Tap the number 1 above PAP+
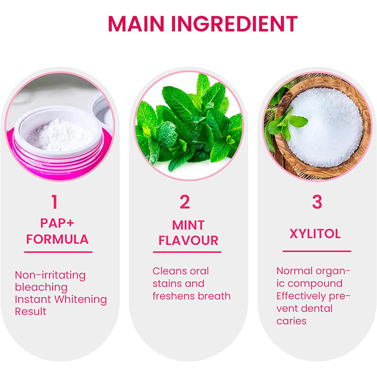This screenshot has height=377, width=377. [x=55, y=202]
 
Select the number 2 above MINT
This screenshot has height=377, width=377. [x=185, y=202]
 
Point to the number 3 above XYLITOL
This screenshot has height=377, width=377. [x=317, y=202]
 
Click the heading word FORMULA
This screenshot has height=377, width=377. [x=57, y=239]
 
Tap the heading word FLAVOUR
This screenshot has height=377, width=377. [x=189, y=240]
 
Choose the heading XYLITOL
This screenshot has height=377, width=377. [x=315, y=233]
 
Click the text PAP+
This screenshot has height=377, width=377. [x=57, y=223]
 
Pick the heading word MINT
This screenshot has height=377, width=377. [x=189, y=225]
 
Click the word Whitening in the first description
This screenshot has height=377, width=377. [x=80, y=300]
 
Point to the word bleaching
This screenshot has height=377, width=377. [x=41, y=288]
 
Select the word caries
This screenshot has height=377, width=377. [x=292, y=321]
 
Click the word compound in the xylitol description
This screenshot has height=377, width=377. [x=315, y=284]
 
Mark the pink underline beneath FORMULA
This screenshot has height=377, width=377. [x=58, y=252]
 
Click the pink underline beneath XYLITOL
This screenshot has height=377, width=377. [x=317, y=251]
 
